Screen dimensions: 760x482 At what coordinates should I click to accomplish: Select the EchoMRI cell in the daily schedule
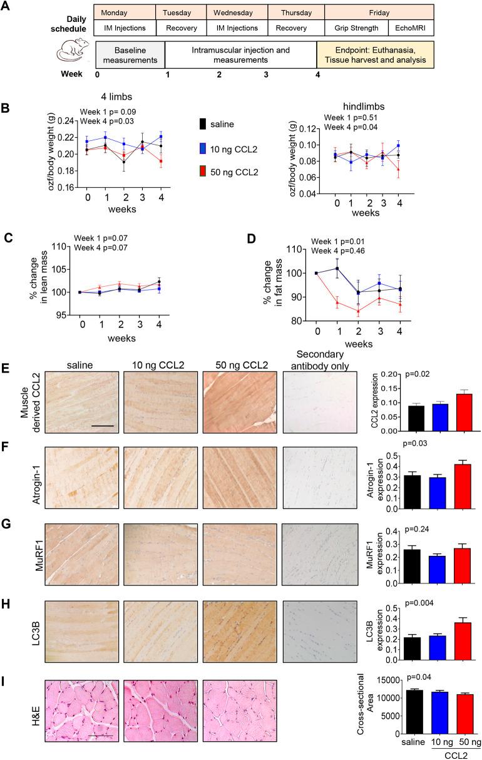point(411,28)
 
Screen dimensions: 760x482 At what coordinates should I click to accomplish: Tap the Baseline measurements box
point(130,54)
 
